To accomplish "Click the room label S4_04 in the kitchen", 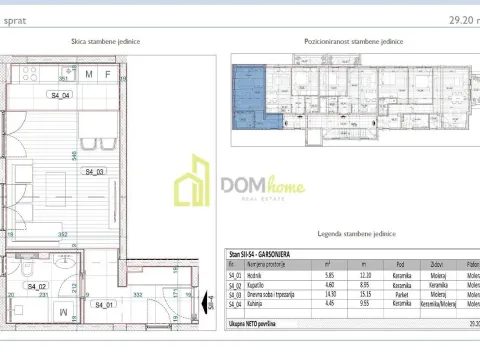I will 61,96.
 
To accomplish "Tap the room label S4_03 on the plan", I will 94,172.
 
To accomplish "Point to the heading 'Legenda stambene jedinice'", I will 347,233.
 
